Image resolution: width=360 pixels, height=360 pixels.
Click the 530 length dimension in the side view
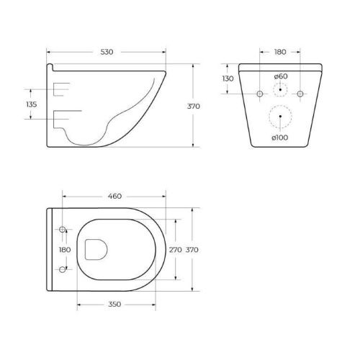(107, 53)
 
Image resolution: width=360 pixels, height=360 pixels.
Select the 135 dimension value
(31, 104)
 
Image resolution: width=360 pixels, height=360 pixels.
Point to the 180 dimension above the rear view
(280, 53)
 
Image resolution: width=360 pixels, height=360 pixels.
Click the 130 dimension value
(228, 78)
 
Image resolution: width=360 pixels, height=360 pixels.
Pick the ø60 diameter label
(281, 76)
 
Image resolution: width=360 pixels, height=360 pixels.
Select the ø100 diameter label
(280, 138)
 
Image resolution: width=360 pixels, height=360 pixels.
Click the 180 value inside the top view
(64, 250)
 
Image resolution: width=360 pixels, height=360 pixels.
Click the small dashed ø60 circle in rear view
(280, 91)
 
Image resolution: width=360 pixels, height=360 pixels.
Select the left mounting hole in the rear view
(259, 94)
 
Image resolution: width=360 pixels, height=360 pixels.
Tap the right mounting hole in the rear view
(301, 94)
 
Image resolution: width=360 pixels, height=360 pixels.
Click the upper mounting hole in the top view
(63, 230)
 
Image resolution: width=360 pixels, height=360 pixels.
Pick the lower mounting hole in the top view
(63, 269)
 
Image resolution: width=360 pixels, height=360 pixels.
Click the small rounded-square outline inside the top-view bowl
(95, 249)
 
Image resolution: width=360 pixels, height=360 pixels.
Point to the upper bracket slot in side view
(62, 89)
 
